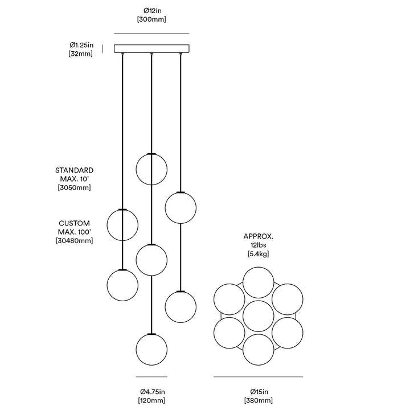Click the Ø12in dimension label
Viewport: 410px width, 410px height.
152,11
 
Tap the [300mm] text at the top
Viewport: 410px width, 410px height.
151,19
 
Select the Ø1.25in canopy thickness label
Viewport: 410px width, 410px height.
81,45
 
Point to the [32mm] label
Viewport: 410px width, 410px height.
80,54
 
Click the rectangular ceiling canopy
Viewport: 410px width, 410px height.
151,48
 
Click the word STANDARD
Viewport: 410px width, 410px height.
74,170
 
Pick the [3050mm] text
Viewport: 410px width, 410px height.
74,187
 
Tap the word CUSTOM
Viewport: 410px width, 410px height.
74,223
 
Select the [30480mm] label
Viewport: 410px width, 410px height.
74,240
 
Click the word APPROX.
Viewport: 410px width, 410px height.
259,236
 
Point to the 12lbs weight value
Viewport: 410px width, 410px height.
259,245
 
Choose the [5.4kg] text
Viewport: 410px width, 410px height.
259,253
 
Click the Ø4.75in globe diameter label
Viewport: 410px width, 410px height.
153,391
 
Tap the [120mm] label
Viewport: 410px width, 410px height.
151,400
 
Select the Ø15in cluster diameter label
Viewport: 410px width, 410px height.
259,391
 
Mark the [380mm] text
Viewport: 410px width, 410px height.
259,400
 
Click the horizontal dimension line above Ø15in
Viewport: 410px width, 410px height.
259,377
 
